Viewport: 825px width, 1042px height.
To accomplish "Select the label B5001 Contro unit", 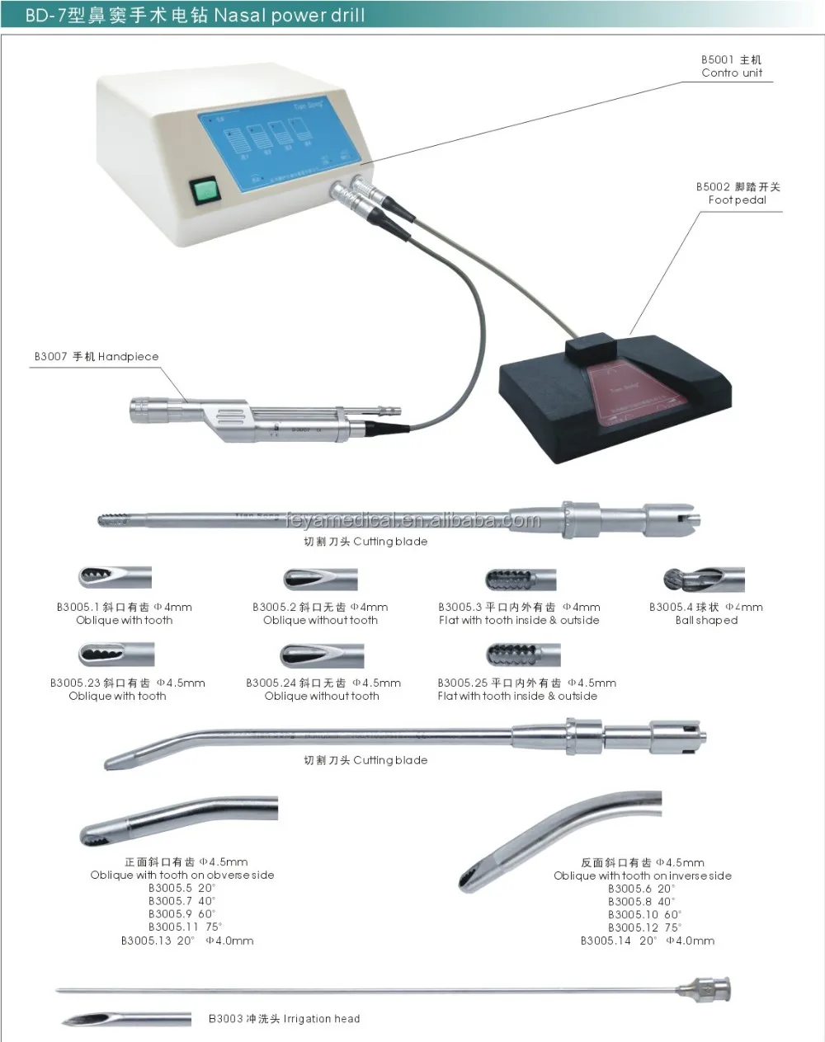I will [732, 67].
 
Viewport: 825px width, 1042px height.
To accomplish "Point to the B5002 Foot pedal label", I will [738, 194].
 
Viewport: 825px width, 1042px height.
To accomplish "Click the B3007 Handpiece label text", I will [97, 357].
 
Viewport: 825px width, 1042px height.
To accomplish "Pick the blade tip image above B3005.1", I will [115, 578].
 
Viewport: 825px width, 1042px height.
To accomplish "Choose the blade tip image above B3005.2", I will [320, 579].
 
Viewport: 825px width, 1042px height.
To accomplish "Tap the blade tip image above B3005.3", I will [520, 579].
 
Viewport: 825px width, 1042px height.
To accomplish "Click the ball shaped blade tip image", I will [705, 580].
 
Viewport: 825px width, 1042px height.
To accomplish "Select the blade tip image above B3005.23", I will [115, 655].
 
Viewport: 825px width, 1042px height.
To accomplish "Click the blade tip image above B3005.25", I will [523, 655].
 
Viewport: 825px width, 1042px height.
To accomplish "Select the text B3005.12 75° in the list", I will [642, 927].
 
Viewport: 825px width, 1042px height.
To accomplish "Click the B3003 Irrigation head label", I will [284, 1019].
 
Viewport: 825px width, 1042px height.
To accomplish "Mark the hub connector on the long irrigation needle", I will [703, 986].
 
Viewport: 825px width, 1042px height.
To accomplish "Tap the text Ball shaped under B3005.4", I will [706, 620].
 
